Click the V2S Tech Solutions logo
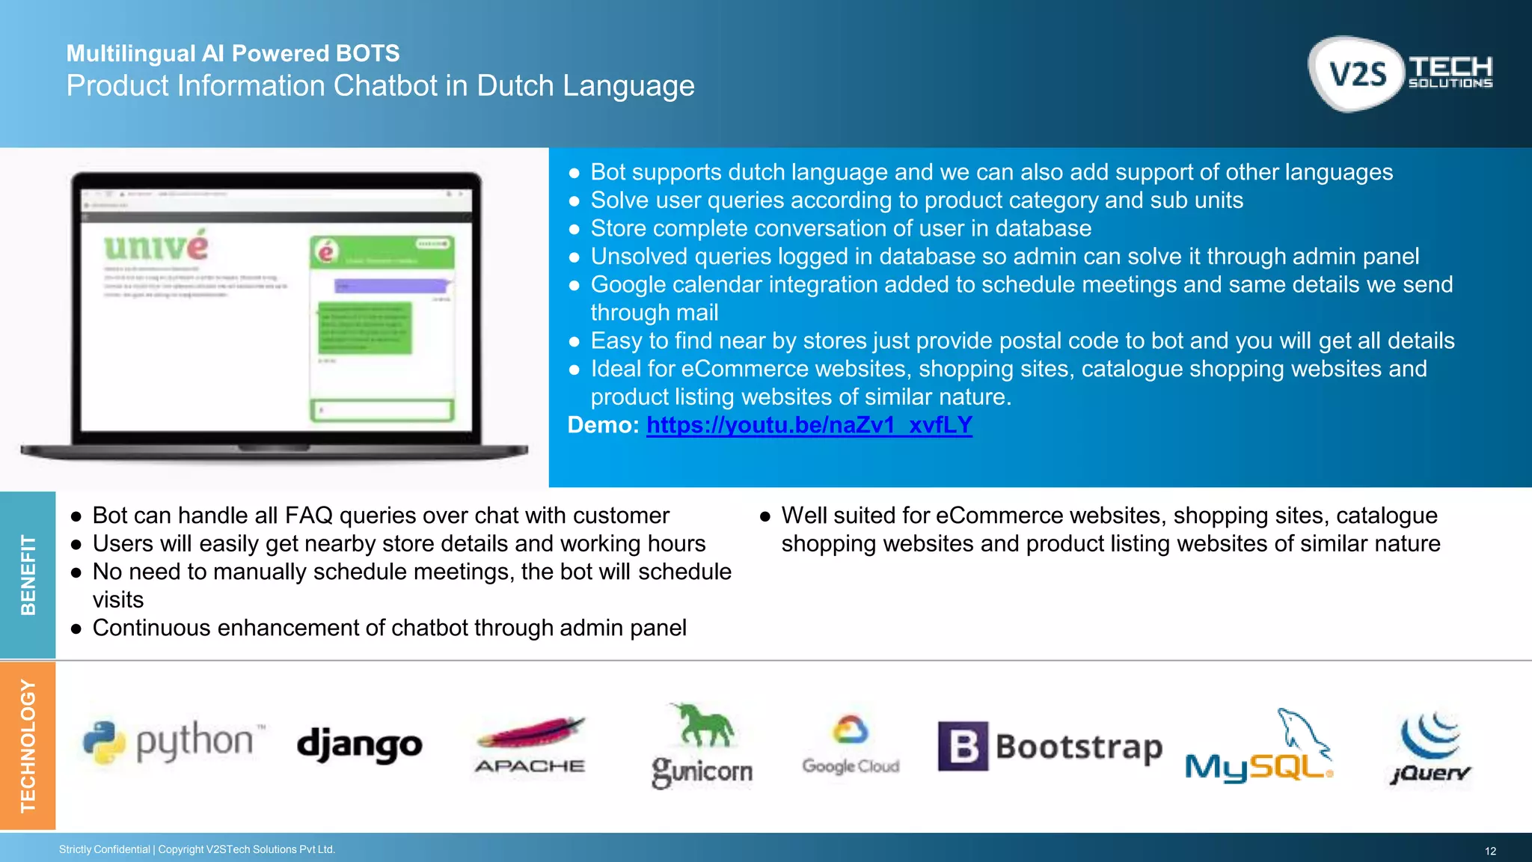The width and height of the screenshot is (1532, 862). [1400, 73]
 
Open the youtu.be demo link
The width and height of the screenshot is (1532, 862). [809, 425]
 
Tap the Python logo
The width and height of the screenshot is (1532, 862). [172, 742]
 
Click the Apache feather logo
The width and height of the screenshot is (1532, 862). [530, 745]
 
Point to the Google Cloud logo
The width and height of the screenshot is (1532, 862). [851, 745]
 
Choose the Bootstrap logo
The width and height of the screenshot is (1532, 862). [1050, 746]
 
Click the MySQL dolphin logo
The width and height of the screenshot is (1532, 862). [1259, 746]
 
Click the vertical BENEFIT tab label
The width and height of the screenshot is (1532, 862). [28, 575]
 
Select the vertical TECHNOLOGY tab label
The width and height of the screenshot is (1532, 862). [28, 745]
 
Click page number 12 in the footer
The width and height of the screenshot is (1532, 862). [1490, 851]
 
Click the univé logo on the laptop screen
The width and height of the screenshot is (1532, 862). [156, 247]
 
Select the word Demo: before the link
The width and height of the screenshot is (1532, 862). [603, 425]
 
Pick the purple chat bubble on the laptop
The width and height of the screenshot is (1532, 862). [390, 286]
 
